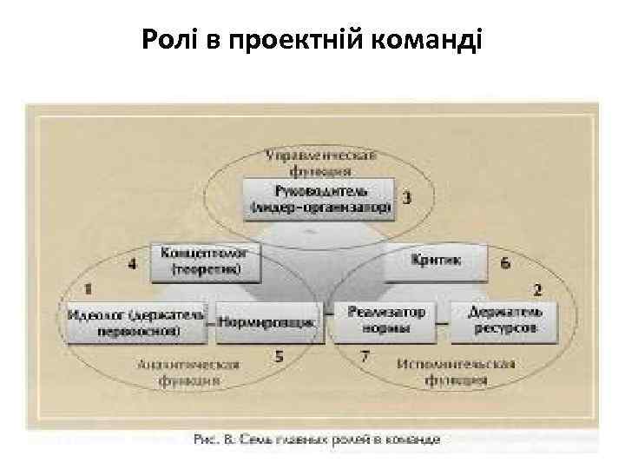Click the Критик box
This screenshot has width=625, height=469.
(x=437, y=261)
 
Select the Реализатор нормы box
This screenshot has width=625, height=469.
(x=388, y=320)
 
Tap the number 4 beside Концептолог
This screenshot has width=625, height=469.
(x=133, y=264)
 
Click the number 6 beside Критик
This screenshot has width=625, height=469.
(x=505, y=262)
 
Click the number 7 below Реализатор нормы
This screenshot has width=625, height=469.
(x=365, y=355)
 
